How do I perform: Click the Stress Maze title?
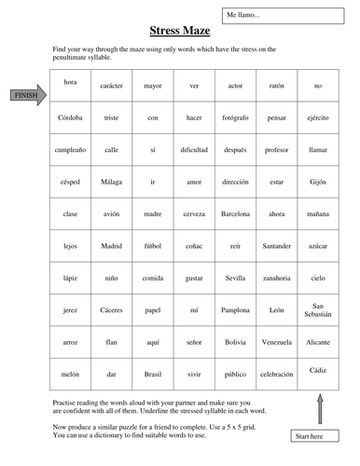point(179,32)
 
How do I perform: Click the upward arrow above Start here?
point(319,406)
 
